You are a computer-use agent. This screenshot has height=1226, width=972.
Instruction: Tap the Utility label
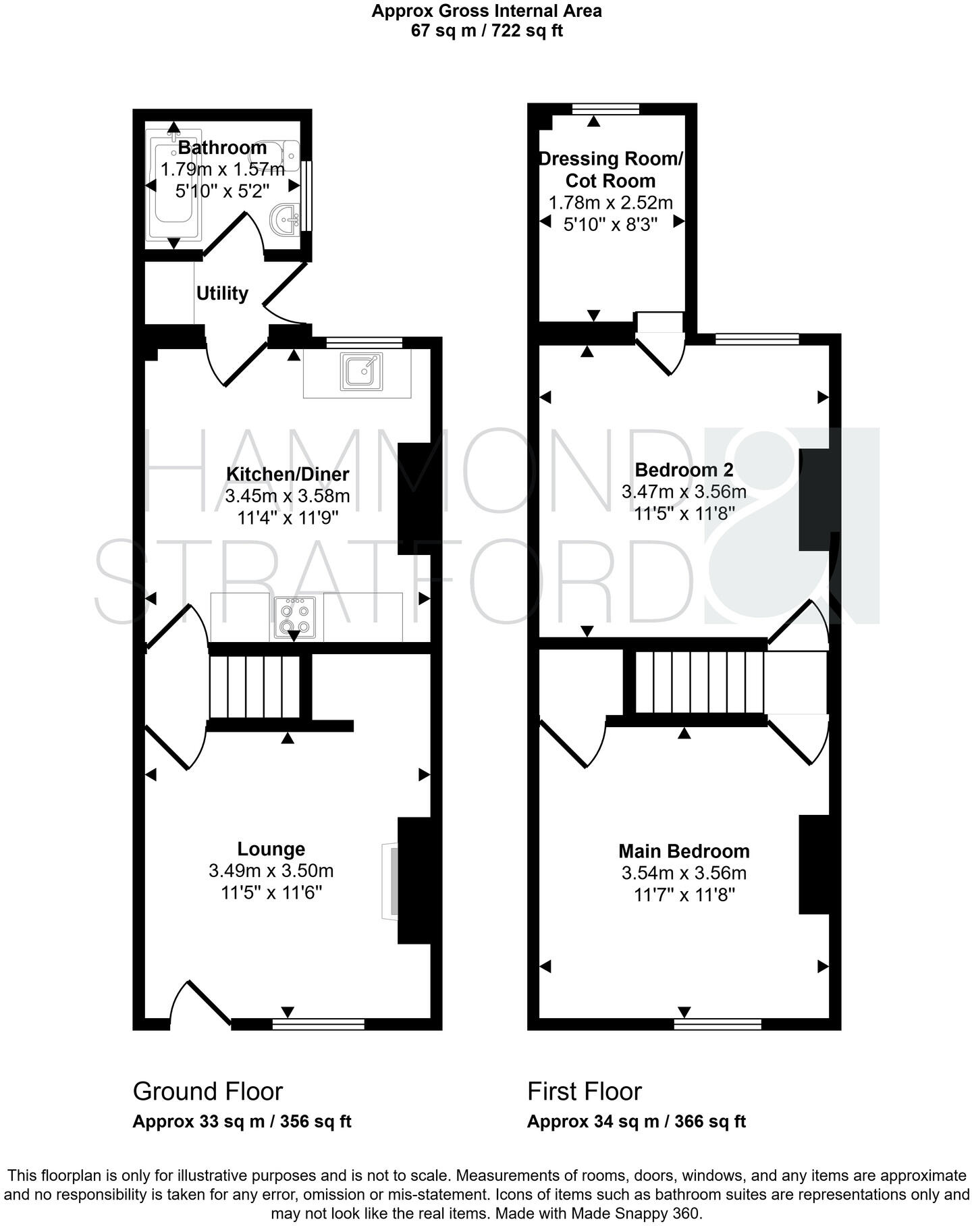click(222, 294)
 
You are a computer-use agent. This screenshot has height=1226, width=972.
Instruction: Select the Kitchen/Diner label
click(288, 474)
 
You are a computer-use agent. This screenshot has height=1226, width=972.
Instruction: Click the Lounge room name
click(271, 849)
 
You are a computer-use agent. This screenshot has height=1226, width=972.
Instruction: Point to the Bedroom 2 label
click(684, 469)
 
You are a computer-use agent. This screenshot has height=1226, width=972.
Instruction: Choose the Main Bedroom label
click(684, 851)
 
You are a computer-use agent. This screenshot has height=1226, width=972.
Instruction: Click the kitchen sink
click(361, 371)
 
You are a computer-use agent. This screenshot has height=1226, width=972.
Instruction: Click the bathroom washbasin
click(286, 219)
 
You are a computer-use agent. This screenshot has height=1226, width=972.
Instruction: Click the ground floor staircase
click(255, 687)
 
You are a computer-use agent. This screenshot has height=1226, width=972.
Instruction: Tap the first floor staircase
click(699, 682)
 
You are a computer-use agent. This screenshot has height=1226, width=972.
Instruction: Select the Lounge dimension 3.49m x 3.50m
click(271, 871)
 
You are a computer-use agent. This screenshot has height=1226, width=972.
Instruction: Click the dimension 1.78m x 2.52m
click(611, 203)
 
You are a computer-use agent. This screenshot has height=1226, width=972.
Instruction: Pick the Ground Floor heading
click(207, 1091)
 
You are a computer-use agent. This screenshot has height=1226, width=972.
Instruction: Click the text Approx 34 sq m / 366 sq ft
click(636, 1121)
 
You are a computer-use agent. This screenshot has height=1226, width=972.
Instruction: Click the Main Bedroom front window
click(718, 1024)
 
